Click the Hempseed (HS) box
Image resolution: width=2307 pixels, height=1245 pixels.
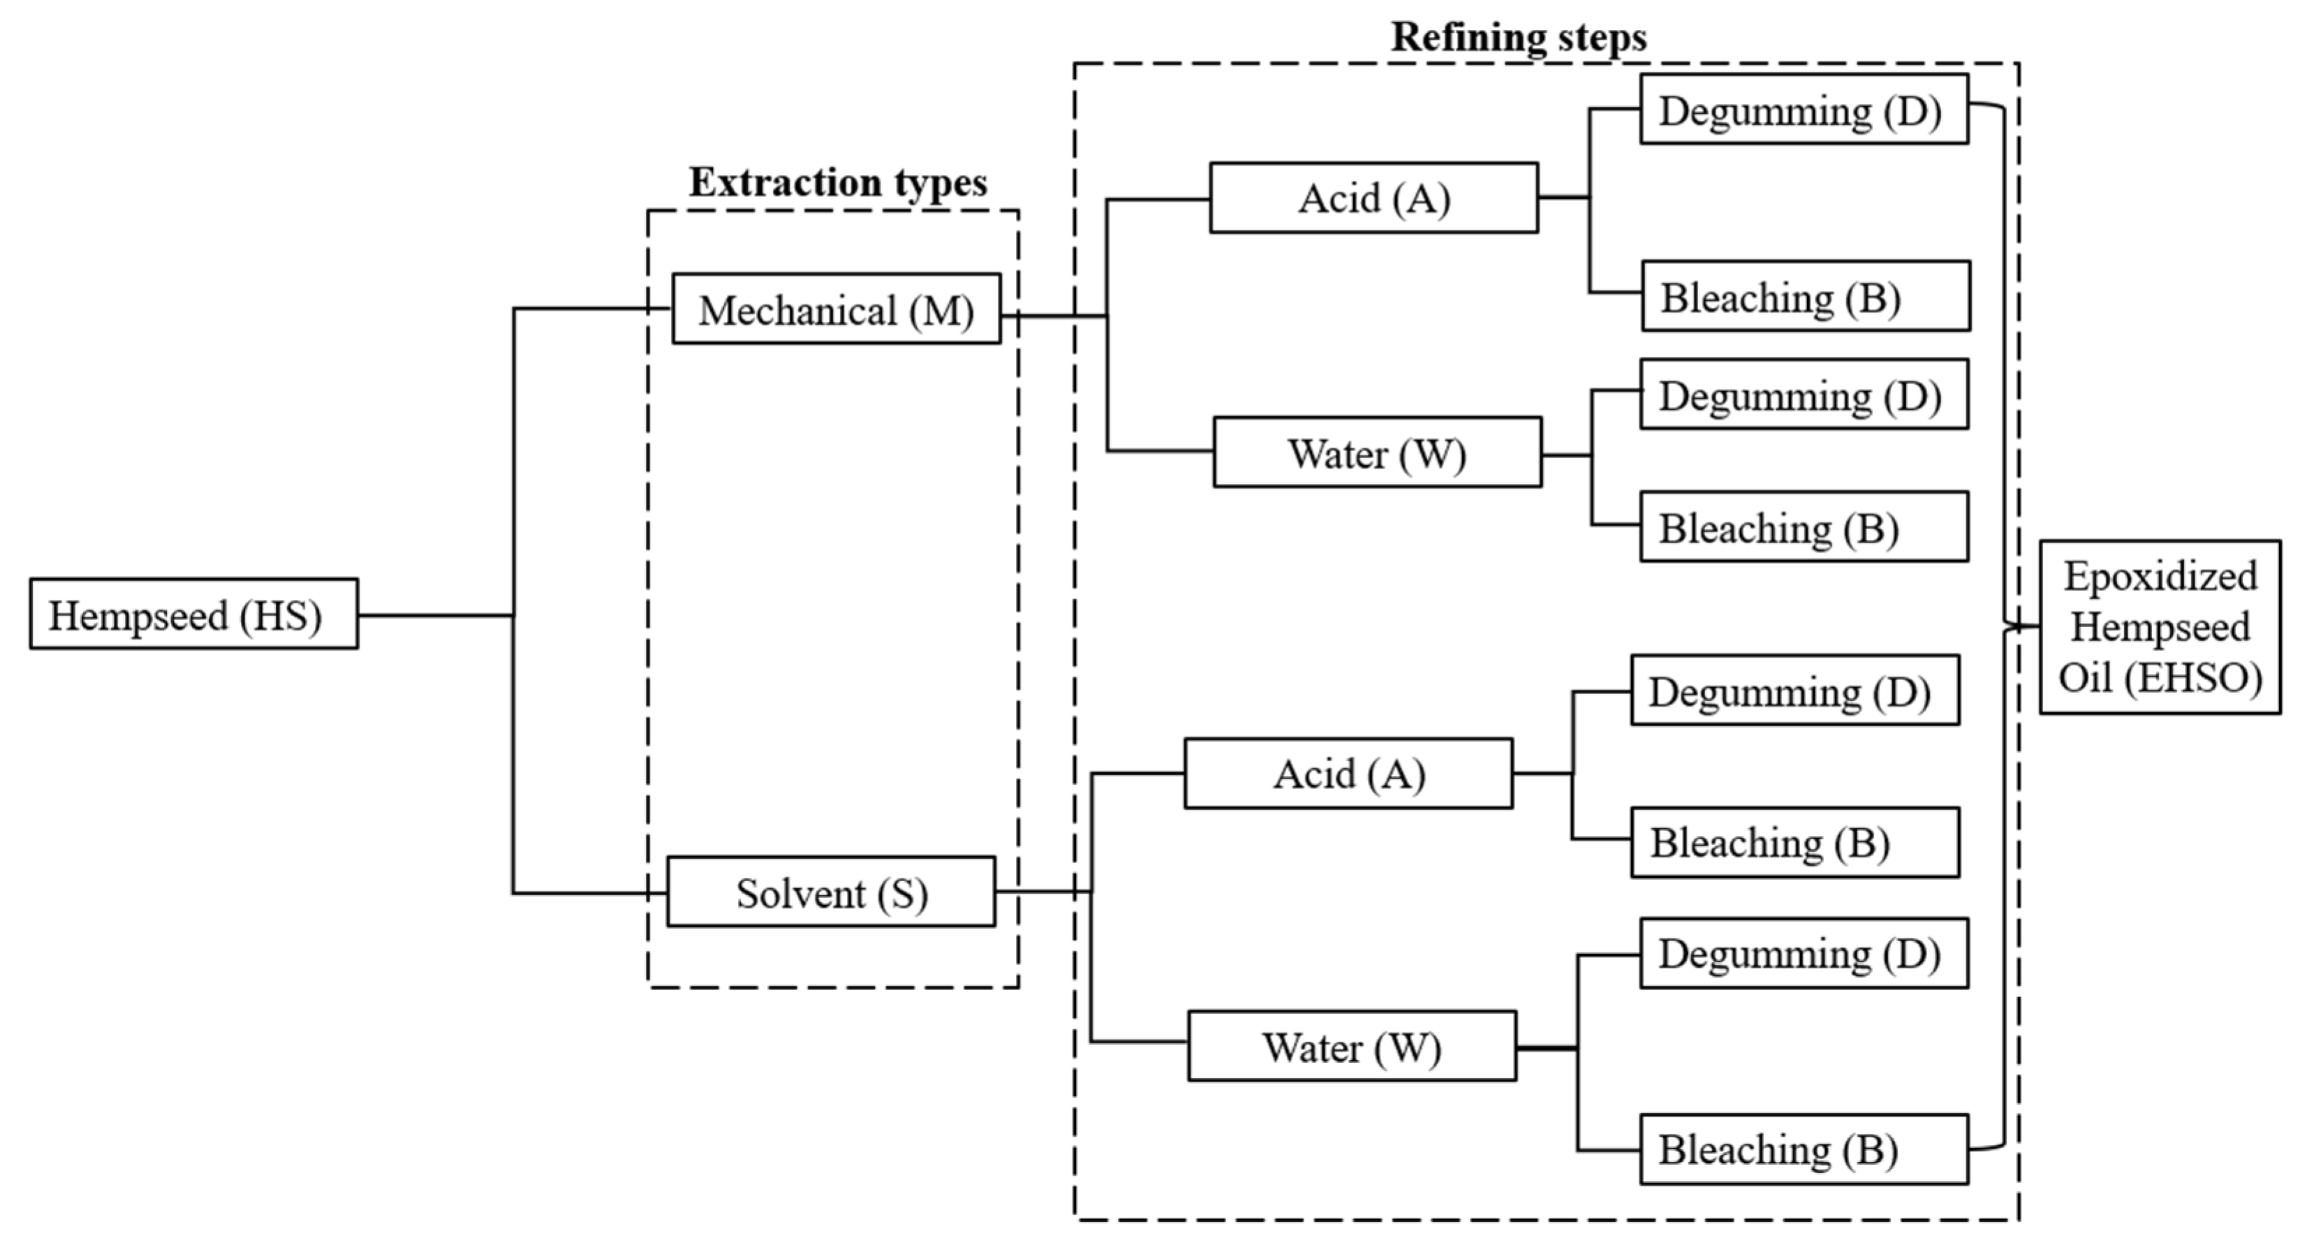click(193, 614)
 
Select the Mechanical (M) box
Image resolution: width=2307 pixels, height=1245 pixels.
click(836, 309)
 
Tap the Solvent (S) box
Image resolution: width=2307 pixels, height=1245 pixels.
click(830, 892)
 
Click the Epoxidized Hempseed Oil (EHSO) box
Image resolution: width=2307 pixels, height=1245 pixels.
click(2159, 627)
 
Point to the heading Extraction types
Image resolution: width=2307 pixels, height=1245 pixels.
click(837, 183)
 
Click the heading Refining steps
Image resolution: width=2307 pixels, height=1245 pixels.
click(1519, 38)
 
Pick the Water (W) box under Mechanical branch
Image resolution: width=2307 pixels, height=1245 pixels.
click(1376, 453)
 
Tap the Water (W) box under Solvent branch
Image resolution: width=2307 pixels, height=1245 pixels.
click(1351, 1046)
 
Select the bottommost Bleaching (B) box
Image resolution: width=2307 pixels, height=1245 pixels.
click(1804, 1149)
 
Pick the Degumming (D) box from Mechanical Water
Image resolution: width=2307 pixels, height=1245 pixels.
click(1804, 395)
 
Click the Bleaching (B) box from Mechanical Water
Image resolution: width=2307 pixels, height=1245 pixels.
click(1804, 528)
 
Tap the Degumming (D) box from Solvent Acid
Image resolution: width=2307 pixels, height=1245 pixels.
click(1794, 691)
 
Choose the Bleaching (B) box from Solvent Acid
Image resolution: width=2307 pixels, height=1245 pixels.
click(1794, 842)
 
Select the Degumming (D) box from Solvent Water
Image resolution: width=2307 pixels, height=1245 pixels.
click(1804, 953)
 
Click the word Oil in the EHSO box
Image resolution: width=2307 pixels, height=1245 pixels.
click(2085, 677)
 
